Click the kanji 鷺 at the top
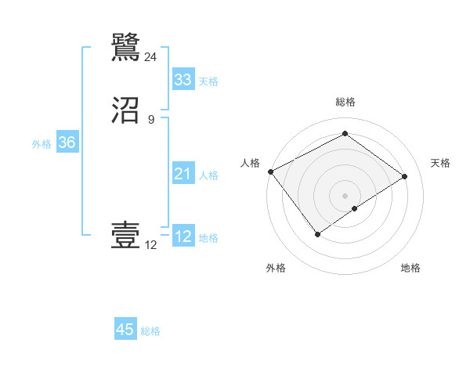[x=126, y=46]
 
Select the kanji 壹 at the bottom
[x=126, y=236]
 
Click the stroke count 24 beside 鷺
[x=150, y=56]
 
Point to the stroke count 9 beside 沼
[x=151, y=120]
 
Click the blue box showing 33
[x=183, y=80]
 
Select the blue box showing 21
[x=183, y=174]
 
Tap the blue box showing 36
[x=67, y=143]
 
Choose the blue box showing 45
[x=125, y=330]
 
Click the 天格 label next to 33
[x=208, y=81]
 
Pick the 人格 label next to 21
[x=208, y=175]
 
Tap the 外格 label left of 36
[x=42, y=144]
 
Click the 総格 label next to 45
[x=150, y=331]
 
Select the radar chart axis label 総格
[x=345, y=102]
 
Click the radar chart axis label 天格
[x=440, y=163]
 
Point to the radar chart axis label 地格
[x=410, y=268]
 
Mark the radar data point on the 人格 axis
[x=270, y=171]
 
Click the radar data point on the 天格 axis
[x=405, y=176]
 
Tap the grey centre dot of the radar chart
[x=345, y=196]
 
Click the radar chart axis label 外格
[x=276, y=268]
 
